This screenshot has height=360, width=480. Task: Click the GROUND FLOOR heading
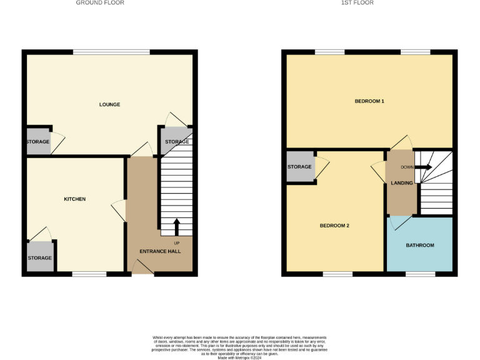pos(100,3)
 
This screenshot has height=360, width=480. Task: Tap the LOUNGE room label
pos(109,104)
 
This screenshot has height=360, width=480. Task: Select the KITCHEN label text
pos(74,199)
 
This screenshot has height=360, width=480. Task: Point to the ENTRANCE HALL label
pos(159,251)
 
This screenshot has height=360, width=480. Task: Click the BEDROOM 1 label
pos(369,101)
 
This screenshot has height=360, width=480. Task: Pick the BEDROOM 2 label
pos(334,226)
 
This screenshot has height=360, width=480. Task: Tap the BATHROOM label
pos(420,245)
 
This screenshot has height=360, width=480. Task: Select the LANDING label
pos(401,183)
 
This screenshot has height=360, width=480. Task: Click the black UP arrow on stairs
pos(176,226)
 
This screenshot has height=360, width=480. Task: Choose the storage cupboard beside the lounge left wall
pos(37,142)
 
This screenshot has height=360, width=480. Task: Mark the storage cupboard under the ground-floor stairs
pos(177,142)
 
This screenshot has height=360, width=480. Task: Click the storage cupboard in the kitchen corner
pos(39,257)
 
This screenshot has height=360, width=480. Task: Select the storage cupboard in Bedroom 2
pos(300,167)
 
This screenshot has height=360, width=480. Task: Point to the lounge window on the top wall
pos(111,52)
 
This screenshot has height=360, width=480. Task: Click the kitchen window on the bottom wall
pos(89,273)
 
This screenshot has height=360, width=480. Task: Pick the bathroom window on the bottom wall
pos(421,273)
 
